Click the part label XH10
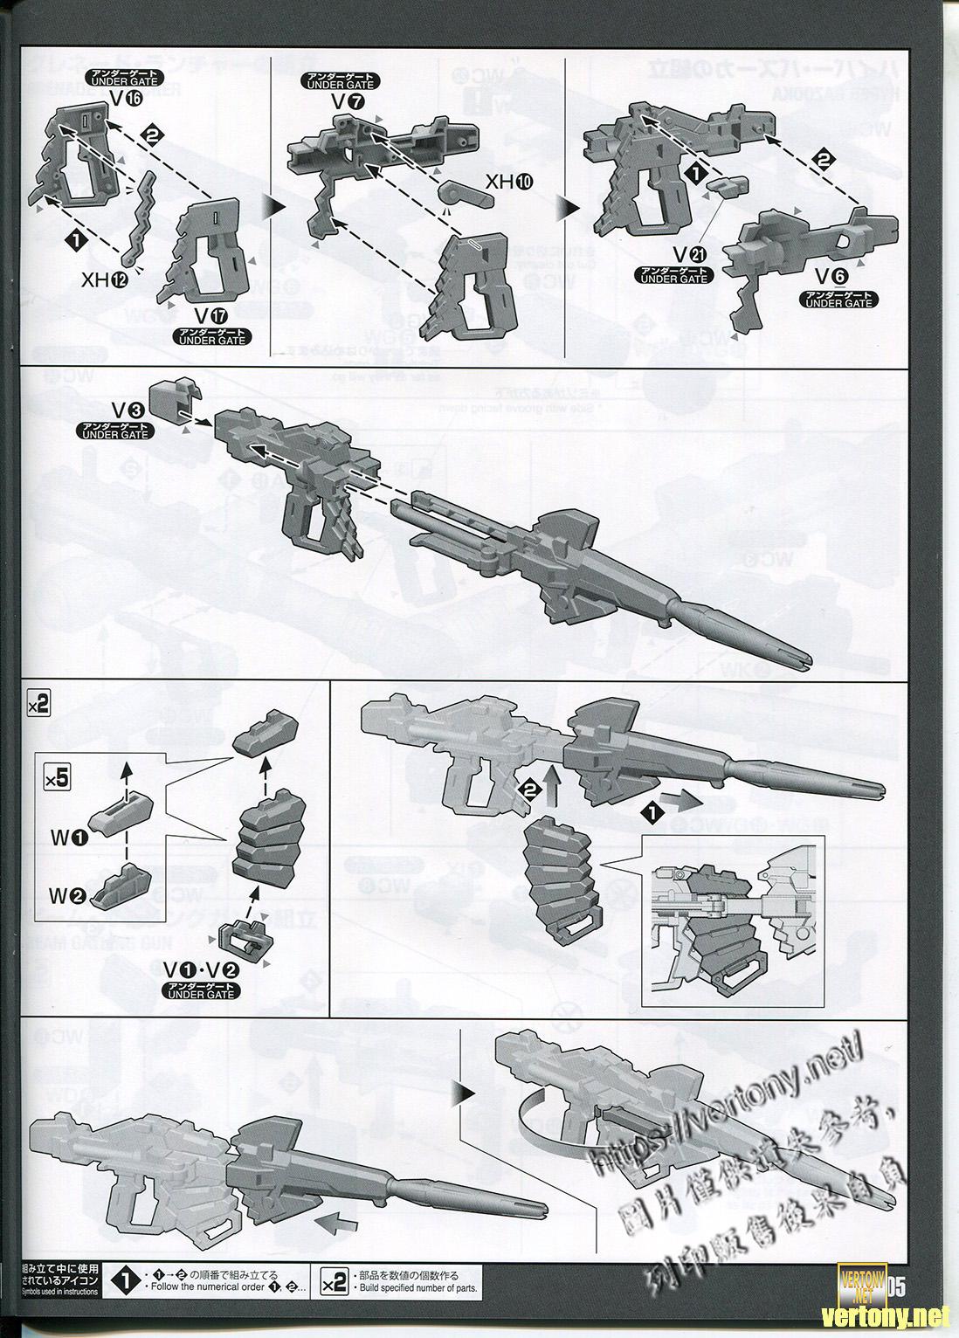508,183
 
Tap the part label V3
122,409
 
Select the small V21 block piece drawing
726,184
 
